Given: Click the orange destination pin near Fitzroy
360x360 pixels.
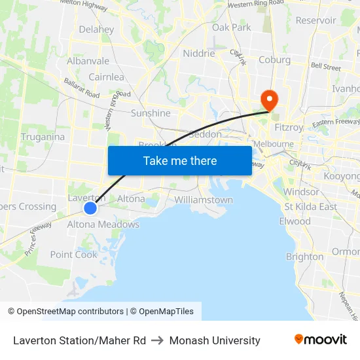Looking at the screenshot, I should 269,99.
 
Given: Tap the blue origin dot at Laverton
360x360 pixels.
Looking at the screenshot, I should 90,208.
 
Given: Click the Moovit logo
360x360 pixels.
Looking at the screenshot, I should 321,340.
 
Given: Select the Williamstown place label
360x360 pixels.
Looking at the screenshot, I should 204,200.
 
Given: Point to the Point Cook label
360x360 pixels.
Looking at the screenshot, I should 74,255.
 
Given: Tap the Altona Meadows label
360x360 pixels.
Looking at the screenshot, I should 103,225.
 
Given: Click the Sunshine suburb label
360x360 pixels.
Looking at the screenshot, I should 151,113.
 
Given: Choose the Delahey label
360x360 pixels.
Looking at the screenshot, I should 96,29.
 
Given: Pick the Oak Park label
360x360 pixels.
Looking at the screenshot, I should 232,27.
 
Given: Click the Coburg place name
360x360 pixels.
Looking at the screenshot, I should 275,60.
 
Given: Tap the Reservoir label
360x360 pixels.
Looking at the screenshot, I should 315,20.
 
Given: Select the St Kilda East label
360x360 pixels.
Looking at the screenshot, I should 311,207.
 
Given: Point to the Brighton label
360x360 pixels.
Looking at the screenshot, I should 304,257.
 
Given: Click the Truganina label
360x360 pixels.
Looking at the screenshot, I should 43,137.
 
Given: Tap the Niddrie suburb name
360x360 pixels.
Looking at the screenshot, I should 199,54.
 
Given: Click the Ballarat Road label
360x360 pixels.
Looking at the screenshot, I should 81,89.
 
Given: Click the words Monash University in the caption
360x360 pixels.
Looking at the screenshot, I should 215,340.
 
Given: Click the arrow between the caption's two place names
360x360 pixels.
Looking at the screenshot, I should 158,340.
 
